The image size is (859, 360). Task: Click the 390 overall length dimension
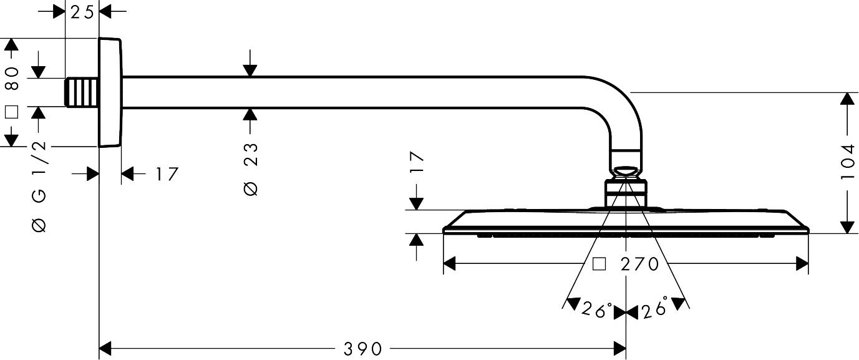362,349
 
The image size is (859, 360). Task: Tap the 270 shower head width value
640,264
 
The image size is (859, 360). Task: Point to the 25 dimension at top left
82,12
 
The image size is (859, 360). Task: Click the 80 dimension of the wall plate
12,78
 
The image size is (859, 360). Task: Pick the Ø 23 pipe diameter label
251,169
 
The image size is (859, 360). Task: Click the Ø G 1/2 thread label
39,187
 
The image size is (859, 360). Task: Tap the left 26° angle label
597,310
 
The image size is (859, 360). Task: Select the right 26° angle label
655,307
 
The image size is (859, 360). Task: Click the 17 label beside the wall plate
167,174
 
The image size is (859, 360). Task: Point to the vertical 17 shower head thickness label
417,162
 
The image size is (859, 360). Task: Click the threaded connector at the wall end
82,92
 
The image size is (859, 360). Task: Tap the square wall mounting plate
110,92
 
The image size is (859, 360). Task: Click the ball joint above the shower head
626,172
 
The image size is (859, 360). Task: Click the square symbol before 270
599,264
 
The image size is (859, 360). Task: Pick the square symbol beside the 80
12,112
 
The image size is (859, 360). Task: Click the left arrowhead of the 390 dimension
105,349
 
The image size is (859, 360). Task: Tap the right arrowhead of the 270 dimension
802,264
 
